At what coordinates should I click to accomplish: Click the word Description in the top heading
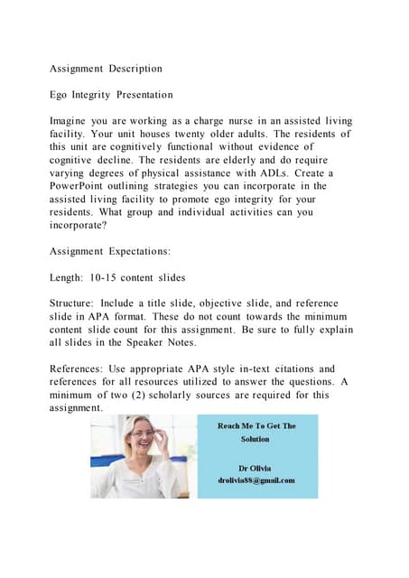[x=135, y=68]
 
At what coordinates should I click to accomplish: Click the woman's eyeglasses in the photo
[x=143, y=434]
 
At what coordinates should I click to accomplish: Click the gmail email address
[x=256, y=480]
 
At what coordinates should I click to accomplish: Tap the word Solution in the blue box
[x=256, y=439]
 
